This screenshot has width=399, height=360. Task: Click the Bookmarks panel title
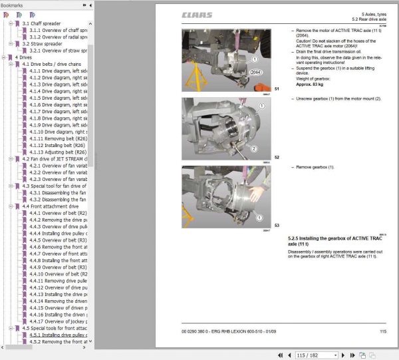point(12,5)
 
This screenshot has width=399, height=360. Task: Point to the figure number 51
point(277,89)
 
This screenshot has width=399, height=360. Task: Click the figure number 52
point(277,157)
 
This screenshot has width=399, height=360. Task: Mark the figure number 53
point(277,226)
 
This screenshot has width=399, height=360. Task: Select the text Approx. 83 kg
point(310,85)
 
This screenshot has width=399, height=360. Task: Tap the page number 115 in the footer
point(383,331)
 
